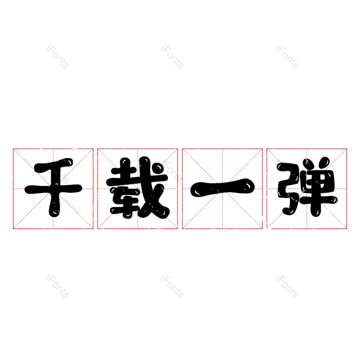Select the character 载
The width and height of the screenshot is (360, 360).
(138, 189)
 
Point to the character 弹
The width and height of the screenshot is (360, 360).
(307, 189)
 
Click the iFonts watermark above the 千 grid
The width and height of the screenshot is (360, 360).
(57, 57)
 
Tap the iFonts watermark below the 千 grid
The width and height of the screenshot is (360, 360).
(57, 287)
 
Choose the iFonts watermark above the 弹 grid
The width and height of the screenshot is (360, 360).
(287, 57)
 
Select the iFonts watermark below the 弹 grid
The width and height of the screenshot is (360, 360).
(287, 287)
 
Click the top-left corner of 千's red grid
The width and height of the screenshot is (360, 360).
(13, 148)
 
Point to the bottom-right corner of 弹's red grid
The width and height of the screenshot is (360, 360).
(347, 229)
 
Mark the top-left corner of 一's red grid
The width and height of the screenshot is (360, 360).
(182, 148)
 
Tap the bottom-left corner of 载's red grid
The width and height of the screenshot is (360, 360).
(98, 229)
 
